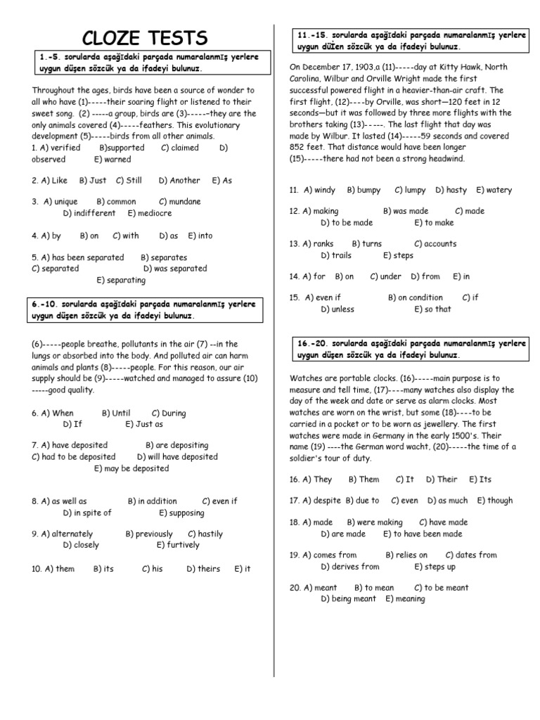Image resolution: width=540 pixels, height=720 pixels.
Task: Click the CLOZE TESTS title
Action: click(146, 37)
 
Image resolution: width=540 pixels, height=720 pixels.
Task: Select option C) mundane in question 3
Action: click(179, 202)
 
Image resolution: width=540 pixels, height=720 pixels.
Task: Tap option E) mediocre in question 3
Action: click(149, 213)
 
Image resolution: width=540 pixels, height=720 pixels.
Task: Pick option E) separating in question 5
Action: click(121, 280)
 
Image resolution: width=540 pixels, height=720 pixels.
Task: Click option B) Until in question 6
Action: click(116, 413)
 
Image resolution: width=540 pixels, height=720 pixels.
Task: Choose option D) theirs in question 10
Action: click(203, 569)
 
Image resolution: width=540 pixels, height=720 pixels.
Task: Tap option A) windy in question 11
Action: click(320, 190)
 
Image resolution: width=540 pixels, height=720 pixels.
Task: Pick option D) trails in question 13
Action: click(335, 256)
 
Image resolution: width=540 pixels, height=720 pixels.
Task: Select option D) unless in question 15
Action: click(337, 309)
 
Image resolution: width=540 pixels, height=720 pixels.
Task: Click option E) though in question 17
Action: click(495, 501)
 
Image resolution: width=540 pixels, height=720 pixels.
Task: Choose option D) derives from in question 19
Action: click(349, 567)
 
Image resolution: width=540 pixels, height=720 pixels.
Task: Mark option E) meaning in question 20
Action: click(405, 599)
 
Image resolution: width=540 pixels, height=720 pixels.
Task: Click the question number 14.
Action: click(295, 276)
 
